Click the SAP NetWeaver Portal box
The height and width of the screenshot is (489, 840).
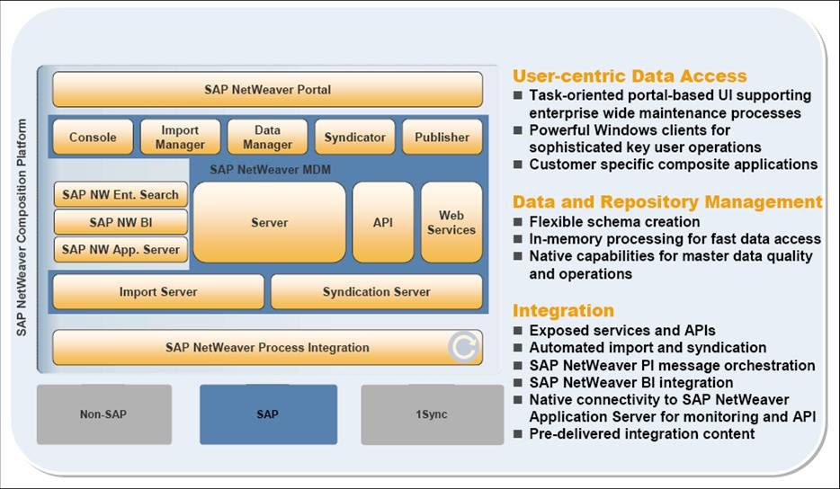pos(267,90)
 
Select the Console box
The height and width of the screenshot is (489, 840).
pos(93,138)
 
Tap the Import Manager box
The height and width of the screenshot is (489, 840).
pos(180,138)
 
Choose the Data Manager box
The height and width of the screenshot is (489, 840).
pos(267,138)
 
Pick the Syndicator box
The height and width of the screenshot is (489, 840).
pos(354,138)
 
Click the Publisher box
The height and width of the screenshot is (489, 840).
pos(442,138)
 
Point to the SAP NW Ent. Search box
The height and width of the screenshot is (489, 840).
pos(121,194)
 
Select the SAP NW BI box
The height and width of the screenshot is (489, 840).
pos(121,222)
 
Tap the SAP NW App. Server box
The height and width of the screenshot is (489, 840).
pos(121,249)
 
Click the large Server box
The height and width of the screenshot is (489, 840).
pos(269,222)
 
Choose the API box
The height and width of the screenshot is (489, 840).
pos(383,222)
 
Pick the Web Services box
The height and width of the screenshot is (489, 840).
pos(451,222)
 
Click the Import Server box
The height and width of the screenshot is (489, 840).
pos(158,292)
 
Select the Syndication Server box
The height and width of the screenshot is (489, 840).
pos(376,292)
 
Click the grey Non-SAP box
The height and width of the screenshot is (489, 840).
pos(104,414)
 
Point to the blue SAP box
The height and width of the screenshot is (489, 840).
pos(268,414)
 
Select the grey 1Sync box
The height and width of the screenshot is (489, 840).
pos(432,414)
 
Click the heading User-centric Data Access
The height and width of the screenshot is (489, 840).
pos(630,76)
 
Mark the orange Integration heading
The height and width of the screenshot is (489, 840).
pos(563,311)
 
